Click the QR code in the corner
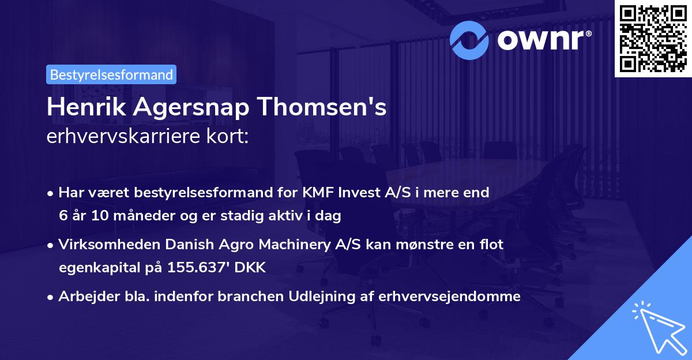coord(653,38)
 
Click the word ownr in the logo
coord(543,39)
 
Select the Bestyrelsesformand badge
coord(111,74)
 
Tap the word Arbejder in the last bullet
coord(84,297)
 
